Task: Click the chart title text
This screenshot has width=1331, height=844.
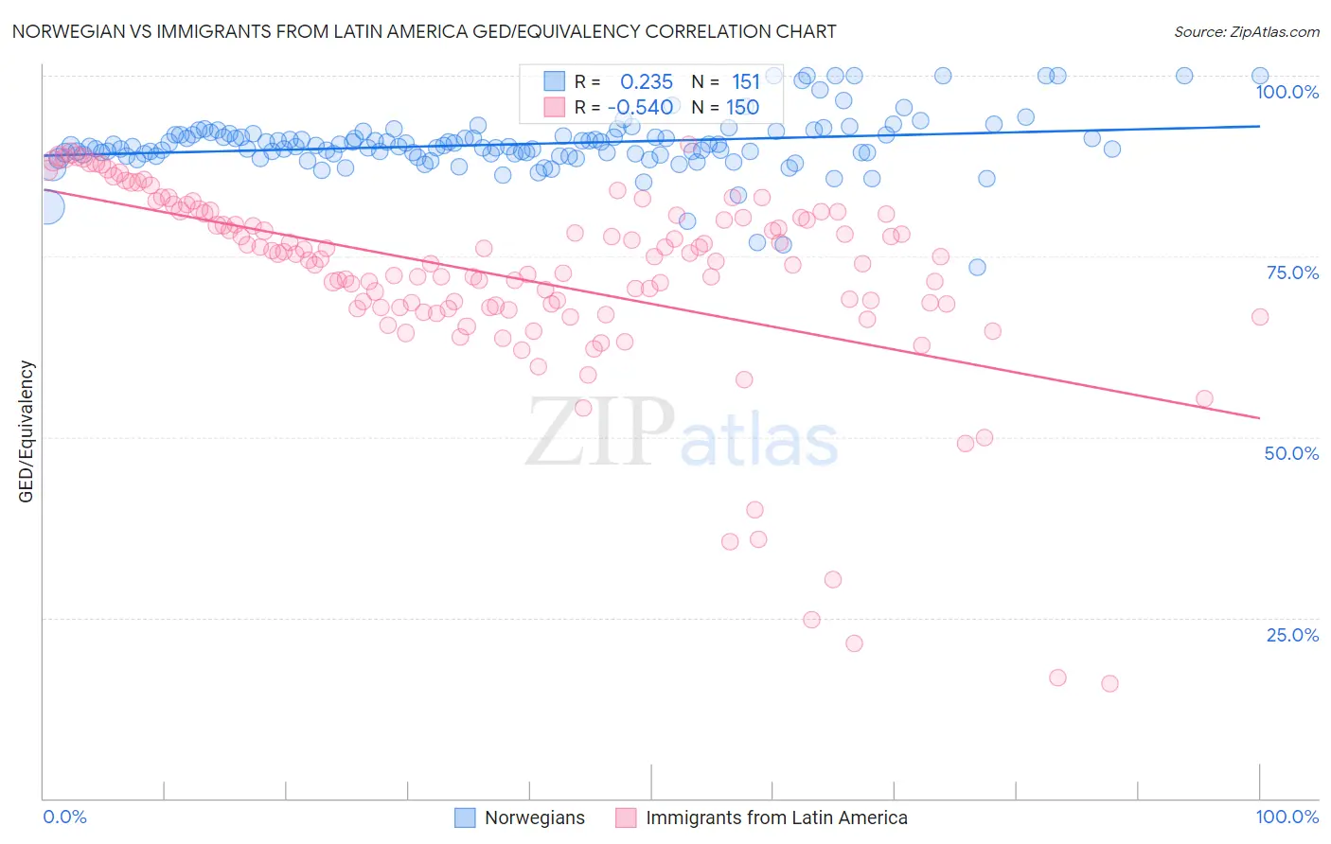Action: tap(423, 31)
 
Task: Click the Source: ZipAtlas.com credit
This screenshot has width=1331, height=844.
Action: tap(1246, 31)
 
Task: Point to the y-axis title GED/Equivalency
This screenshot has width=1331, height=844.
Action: tap(27, 431)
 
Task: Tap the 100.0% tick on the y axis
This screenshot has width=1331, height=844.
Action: tap(1287, 92)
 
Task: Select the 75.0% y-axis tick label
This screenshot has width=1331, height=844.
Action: tap(1292, 273)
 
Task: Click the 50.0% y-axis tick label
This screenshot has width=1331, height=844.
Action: tap(1291, 453)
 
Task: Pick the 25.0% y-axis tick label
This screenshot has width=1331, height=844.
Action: tap(1292, 635)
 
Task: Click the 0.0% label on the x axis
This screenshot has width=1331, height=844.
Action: tap(64, 817)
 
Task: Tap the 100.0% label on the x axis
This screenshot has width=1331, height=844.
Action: tap(1287, 817)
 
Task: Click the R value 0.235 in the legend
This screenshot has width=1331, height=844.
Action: tap(647, 82)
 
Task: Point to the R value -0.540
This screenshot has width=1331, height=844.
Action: tap(640, 107)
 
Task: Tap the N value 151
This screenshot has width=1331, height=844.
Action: tap(746, 82)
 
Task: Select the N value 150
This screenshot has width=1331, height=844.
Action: tap(743, 107)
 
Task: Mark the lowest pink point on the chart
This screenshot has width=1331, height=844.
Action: tap(1109, 683)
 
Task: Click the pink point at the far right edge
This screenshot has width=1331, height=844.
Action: tap(1259, 317)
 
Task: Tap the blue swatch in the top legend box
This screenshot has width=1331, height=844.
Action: tap(554, 81)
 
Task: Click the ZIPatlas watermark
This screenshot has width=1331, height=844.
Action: tap(682, 433)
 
